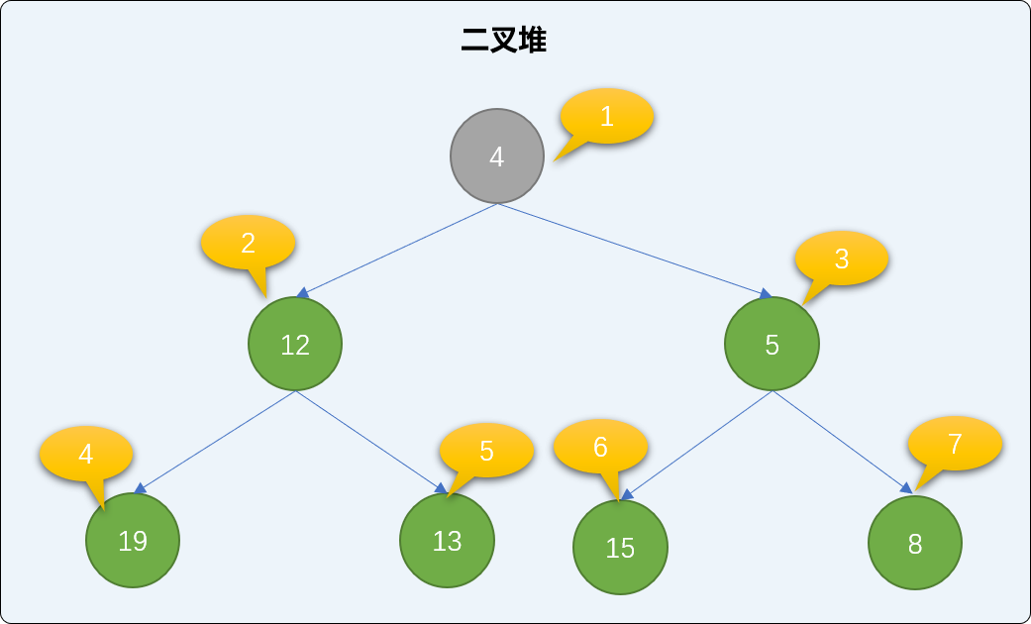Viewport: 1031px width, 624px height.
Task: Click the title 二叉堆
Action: (x=504, y=41)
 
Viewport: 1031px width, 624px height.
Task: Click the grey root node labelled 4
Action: (x=497, y=156)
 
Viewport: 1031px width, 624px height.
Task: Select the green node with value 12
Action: (x=295, y=344)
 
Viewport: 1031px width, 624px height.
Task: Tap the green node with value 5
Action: (x=772, y=344)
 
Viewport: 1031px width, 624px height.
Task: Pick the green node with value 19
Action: (x=133, y=540)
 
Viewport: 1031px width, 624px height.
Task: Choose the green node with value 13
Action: (x=447, y=540)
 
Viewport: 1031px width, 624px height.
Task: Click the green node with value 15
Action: (x=621, y=547)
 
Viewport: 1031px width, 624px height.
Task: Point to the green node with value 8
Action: (x=915, y=543)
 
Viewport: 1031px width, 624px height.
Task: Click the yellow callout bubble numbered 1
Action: (x=606, y=117)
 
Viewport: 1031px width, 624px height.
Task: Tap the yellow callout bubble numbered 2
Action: (x=248, y=242)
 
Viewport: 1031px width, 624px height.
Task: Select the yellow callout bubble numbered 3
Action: (x=842, y=259)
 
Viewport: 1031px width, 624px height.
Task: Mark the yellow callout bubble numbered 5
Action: (x=486, y=451)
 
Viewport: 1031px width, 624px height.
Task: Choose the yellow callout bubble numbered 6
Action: (x=600, y=447)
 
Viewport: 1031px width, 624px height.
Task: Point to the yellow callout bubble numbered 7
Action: (x=955, y=443)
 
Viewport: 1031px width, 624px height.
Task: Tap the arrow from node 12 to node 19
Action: (x=215, y=442)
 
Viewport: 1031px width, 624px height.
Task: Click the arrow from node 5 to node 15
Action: (x=697, y=445)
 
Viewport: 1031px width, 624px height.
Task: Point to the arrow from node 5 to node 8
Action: (x=843, y=442)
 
